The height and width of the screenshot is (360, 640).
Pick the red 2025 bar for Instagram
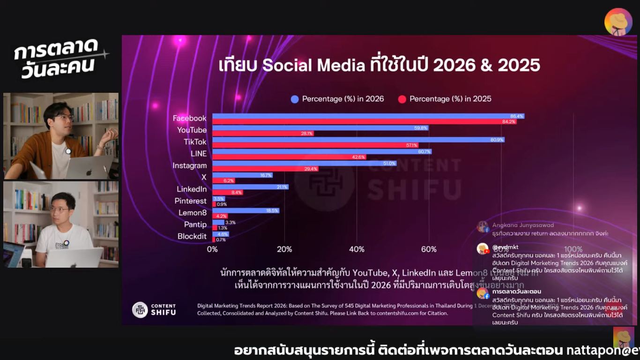tap(265, 169)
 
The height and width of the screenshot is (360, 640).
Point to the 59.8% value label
tap(421, 127)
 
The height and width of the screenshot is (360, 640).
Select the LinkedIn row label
tap(192, 189)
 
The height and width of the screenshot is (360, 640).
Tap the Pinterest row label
tap(191, 201)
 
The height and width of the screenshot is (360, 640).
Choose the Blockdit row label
tap(192, 236)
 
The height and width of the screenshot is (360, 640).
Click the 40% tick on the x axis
tap(357, 249)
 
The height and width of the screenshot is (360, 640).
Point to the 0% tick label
tap(212, 249)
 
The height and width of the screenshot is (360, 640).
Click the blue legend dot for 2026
tap(295, 99)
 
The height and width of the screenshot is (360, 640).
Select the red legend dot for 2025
tap(402, 99)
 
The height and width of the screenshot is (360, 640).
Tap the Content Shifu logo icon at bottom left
tap(140, 310)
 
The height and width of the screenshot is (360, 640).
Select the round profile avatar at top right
tap(618, 22)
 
